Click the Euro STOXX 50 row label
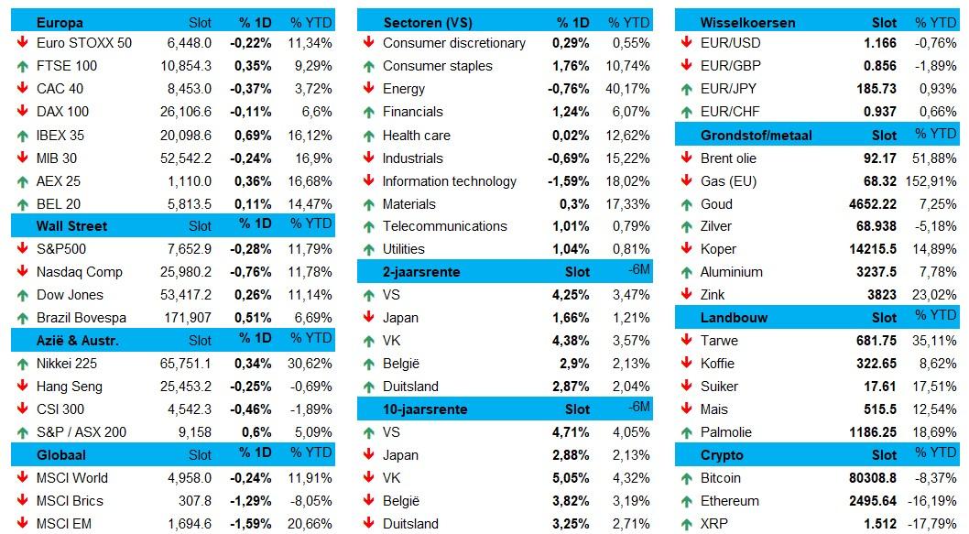pos(84,43)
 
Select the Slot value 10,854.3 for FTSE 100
pos(186,66)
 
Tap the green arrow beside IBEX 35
pos(23,136)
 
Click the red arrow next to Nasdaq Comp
pos(23,271)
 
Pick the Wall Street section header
pos(71,226)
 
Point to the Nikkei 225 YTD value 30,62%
pos(310,364)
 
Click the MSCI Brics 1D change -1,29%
pos(250,501)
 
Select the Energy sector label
pos(404,89)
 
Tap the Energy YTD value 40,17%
pos(628,89)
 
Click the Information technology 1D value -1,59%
pos(568,181)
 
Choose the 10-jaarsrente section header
pos(425,409)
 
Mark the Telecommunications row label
pos(445,226)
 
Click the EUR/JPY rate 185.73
pos(876,89)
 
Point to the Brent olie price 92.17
pos(880,158)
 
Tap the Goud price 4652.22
pos(873,204)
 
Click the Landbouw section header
pos(734,318)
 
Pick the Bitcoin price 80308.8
pos(873,478)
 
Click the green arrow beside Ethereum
pos(687,501)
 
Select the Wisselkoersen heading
pos(747,23)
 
